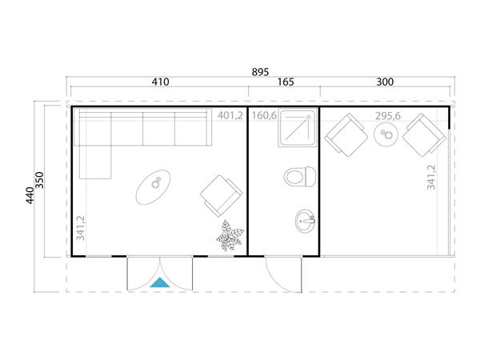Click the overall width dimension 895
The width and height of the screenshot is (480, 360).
259,72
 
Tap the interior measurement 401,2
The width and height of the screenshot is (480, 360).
230,116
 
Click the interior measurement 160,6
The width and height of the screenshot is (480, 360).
263,116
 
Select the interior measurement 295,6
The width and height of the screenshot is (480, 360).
389,116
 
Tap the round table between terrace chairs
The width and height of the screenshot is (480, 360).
386,137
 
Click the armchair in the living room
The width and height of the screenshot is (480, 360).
221,194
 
